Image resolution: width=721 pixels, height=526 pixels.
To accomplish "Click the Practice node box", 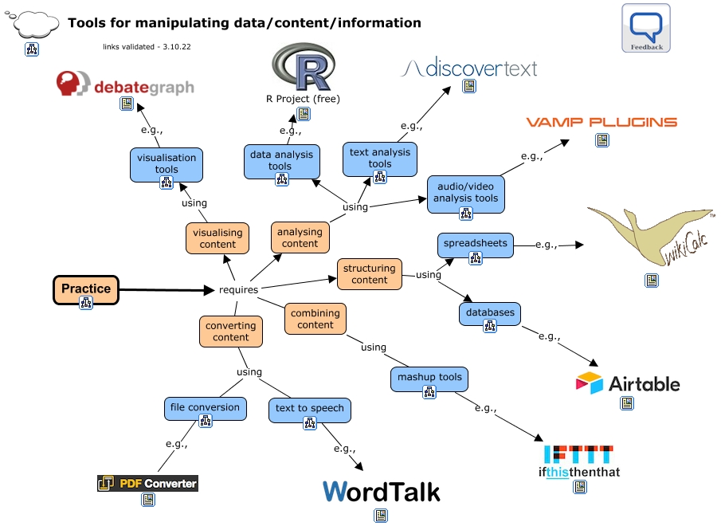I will coord(86,289).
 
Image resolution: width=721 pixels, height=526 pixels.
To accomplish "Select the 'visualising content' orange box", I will coord(217,238).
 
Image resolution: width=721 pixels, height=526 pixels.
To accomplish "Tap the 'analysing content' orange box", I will coord(300,237).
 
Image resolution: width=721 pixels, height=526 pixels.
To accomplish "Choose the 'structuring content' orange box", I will coord(369,274).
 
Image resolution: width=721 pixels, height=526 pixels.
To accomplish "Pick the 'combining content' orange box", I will coord(315,319).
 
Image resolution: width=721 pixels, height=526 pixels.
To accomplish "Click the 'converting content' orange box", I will coord(231,331).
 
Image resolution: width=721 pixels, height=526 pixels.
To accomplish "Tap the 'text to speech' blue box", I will coord(309,410).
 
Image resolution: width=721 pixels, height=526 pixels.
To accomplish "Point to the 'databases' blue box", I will coord(490,314).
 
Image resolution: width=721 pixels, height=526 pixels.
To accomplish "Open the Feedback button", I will coord(646,28).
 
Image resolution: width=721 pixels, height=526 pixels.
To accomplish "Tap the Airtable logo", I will coord(628,383).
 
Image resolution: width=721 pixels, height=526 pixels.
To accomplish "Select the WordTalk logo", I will coord(381,492).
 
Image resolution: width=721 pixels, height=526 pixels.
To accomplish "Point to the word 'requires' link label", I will coord(239,289).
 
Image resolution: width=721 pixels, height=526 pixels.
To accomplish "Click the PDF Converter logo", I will coord(147,483).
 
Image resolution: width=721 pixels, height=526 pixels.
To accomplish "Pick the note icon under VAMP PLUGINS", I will coord(602,140).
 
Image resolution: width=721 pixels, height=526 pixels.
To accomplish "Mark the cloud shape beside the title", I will coord(33,23).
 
